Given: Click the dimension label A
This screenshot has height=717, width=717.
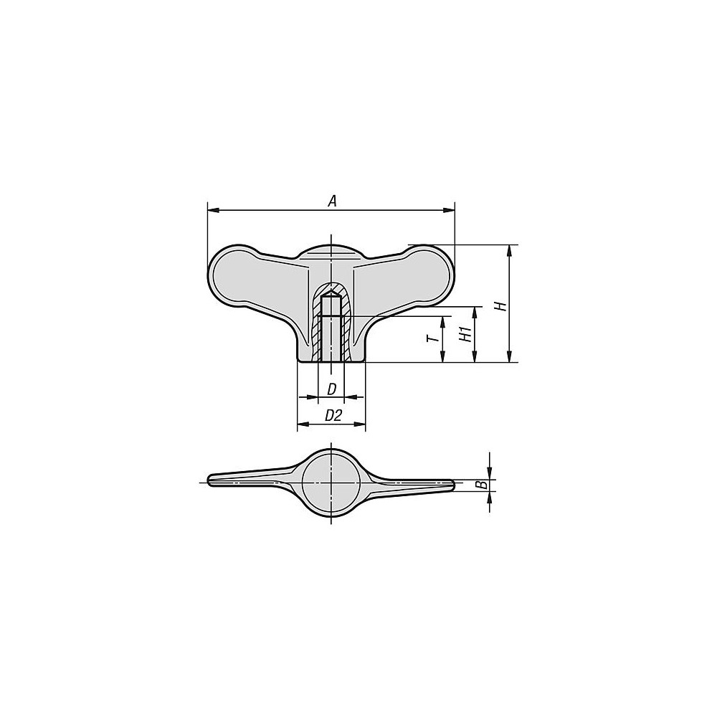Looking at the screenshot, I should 332,201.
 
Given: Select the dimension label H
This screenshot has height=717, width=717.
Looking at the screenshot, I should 501,305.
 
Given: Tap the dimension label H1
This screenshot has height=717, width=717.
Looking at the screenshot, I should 464,334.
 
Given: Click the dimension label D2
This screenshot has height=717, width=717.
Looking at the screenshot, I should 333,415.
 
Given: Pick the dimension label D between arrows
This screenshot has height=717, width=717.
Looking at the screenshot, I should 331,389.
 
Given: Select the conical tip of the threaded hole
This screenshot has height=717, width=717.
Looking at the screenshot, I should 331,293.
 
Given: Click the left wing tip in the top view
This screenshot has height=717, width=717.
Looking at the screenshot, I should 212,480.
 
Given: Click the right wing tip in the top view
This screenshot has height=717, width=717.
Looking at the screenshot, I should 450,485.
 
